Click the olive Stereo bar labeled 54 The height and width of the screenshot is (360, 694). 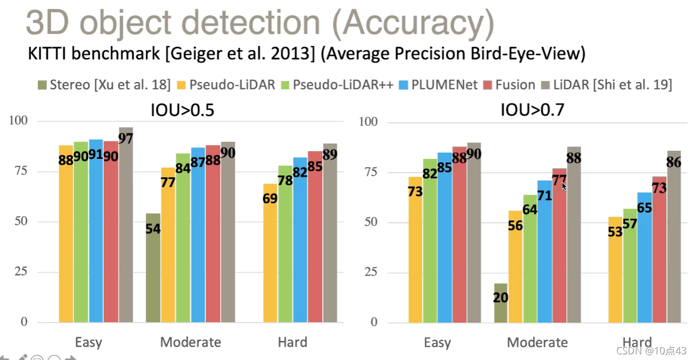153,268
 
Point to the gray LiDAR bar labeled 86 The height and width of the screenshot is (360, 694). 674,237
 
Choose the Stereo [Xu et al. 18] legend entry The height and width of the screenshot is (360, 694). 103,85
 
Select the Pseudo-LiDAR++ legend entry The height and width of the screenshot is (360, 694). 333,85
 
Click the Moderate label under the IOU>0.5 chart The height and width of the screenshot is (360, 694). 190,342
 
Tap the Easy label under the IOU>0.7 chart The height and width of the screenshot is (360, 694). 437,343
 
